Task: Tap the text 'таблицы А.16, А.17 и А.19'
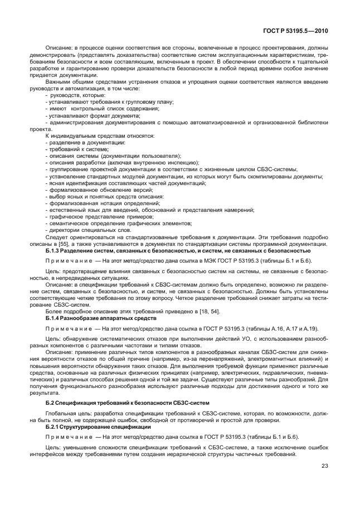255,328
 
